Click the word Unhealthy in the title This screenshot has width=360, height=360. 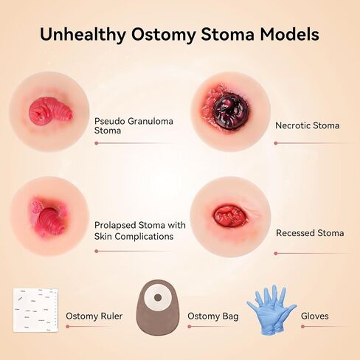click(x=82, y=34)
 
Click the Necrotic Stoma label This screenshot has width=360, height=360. click(x=307, y=125)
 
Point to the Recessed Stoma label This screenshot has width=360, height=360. click(x=310, y=233)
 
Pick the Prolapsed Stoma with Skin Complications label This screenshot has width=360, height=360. click(x=139, y=230)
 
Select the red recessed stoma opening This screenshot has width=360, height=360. click(x=229, y=216)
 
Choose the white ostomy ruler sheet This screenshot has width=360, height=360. click(x=35, y=310)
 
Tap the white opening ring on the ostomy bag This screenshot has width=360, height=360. click(x=156, y=298)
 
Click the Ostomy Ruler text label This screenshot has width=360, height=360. click(x=94, y=316)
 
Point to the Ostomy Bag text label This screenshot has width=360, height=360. click(x=212, y=316)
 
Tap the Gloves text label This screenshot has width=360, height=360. click(x=315, y=316)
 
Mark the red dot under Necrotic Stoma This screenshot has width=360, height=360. click(x=275, y=143)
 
